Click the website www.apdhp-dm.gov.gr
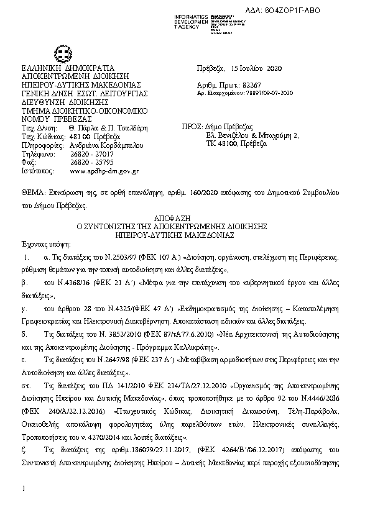point(104,170)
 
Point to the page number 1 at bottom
point(22,491)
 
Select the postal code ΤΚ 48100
point(221,143)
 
